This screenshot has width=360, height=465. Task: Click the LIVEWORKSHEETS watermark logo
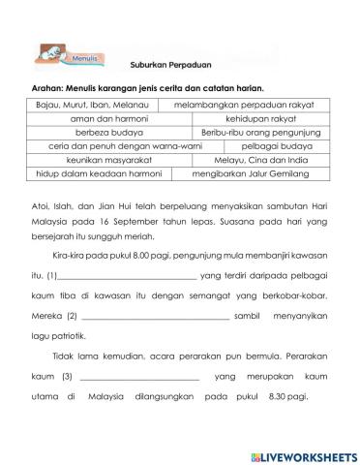tap(302, 454)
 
